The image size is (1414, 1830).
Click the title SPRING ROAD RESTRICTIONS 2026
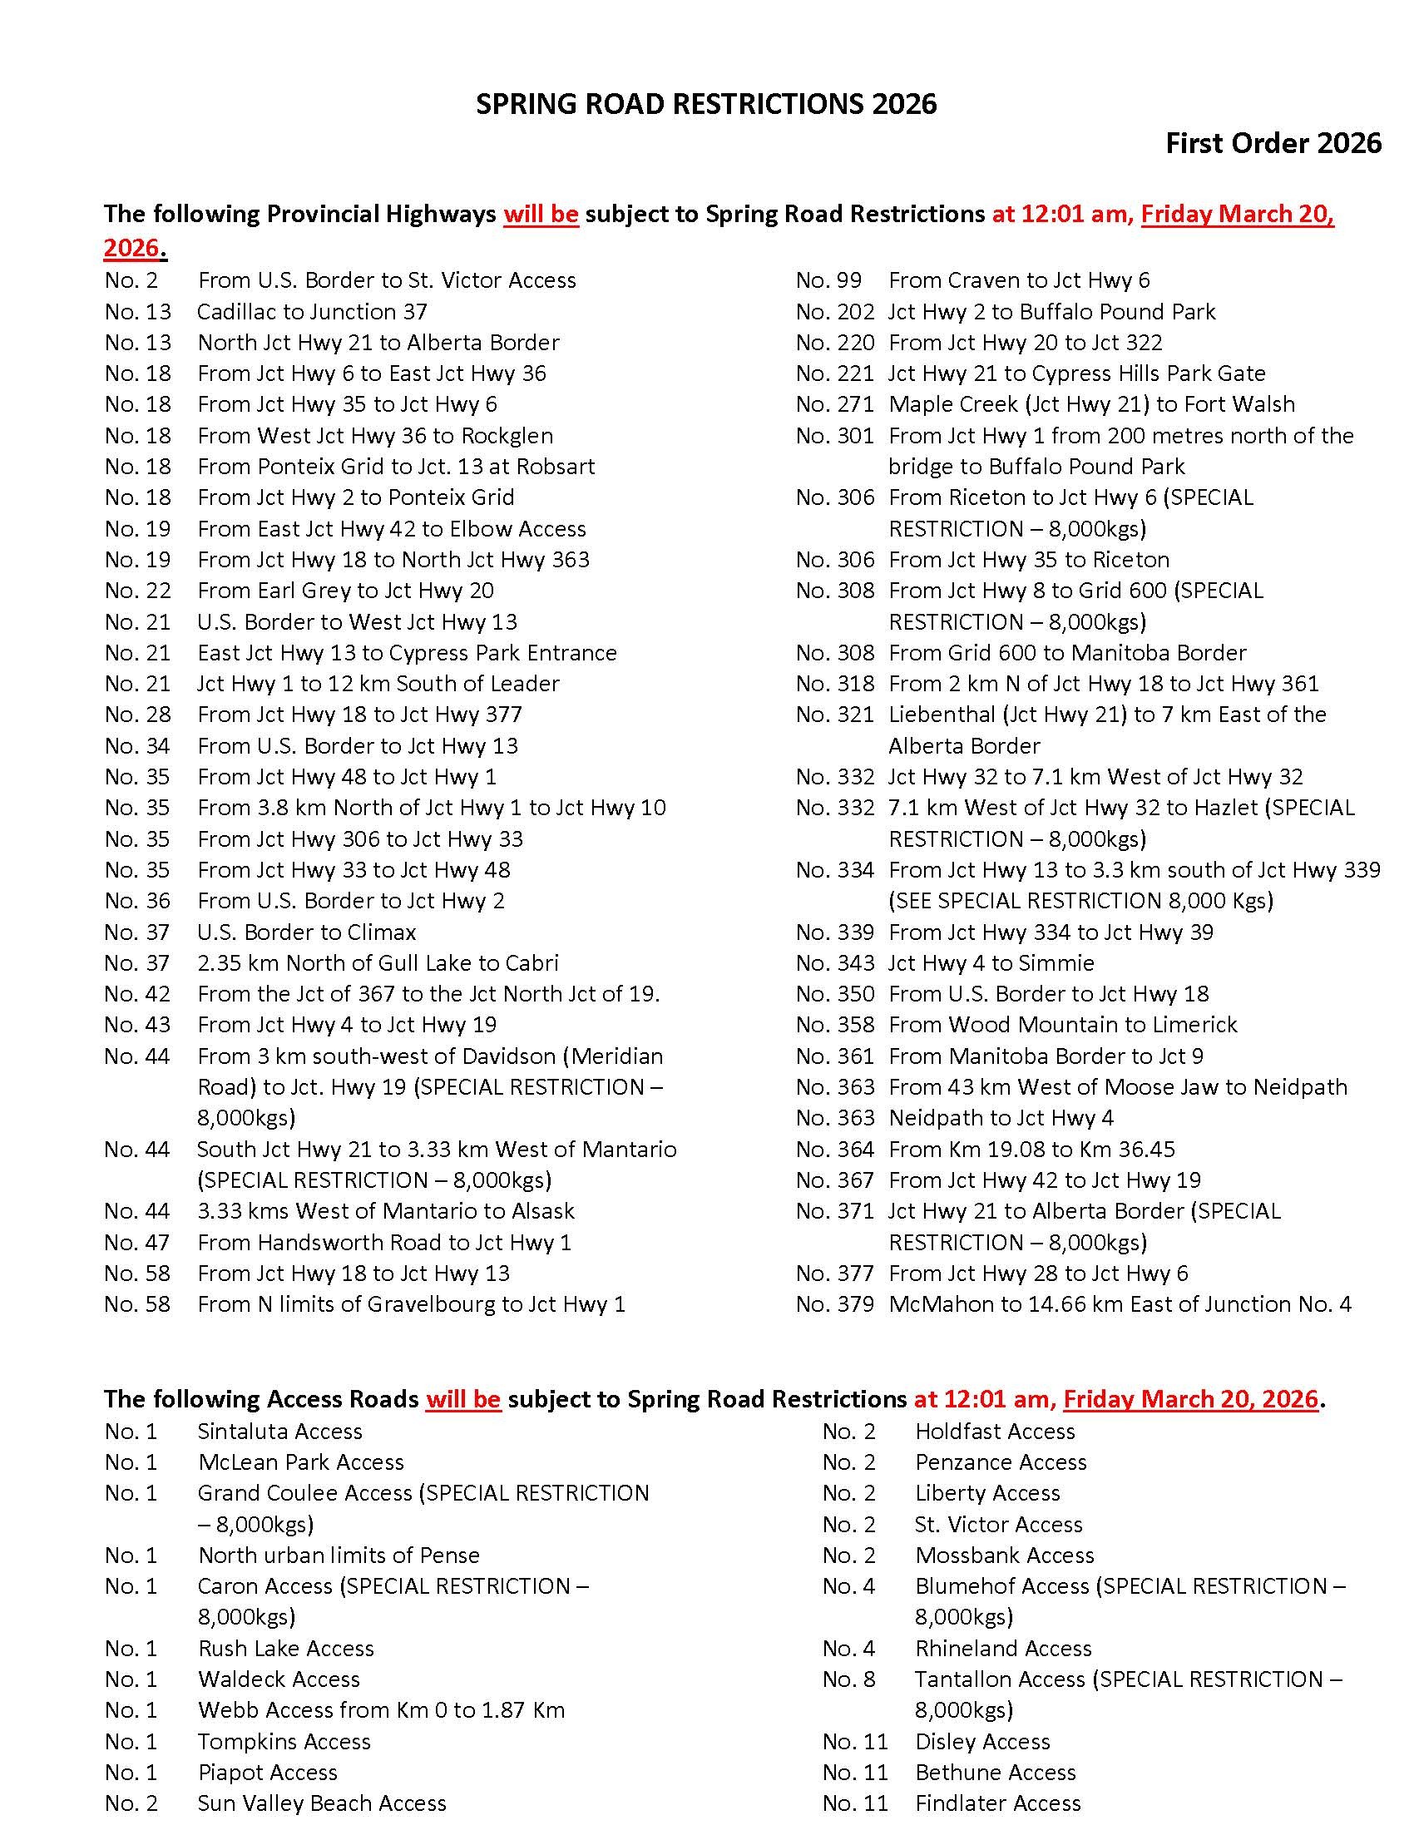[x=705, y=104]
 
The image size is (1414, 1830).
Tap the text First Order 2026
[x=1273, y=143]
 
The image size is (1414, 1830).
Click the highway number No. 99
[x=828, y=279]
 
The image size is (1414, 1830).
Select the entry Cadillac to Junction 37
[x=312, y=312]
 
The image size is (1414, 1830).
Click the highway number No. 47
[x=137, y=1242]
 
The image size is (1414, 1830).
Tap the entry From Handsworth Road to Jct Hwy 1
[x=383, y=1242]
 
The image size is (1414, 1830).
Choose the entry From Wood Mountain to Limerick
[x=1062, y=1024]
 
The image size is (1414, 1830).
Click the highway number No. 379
[x=834, y=1303]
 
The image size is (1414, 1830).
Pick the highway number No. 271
[x=834, y=404]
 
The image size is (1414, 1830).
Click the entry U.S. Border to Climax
[x=307, y=932]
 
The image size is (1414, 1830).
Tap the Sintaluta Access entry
[x=279, y=1432]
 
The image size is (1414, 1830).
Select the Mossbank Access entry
[x=1004, y=1555]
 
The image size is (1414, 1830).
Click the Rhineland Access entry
[x=1003, y=1648]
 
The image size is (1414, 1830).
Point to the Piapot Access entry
[x=267, y=1772]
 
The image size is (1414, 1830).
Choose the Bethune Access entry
[x=994, y=1772]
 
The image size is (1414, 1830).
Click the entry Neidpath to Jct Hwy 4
[x=1000, y=1118]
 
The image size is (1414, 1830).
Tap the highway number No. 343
[x=834, y=962]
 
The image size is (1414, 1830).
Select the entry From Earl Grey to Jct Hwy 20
[x=345, y=591]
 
